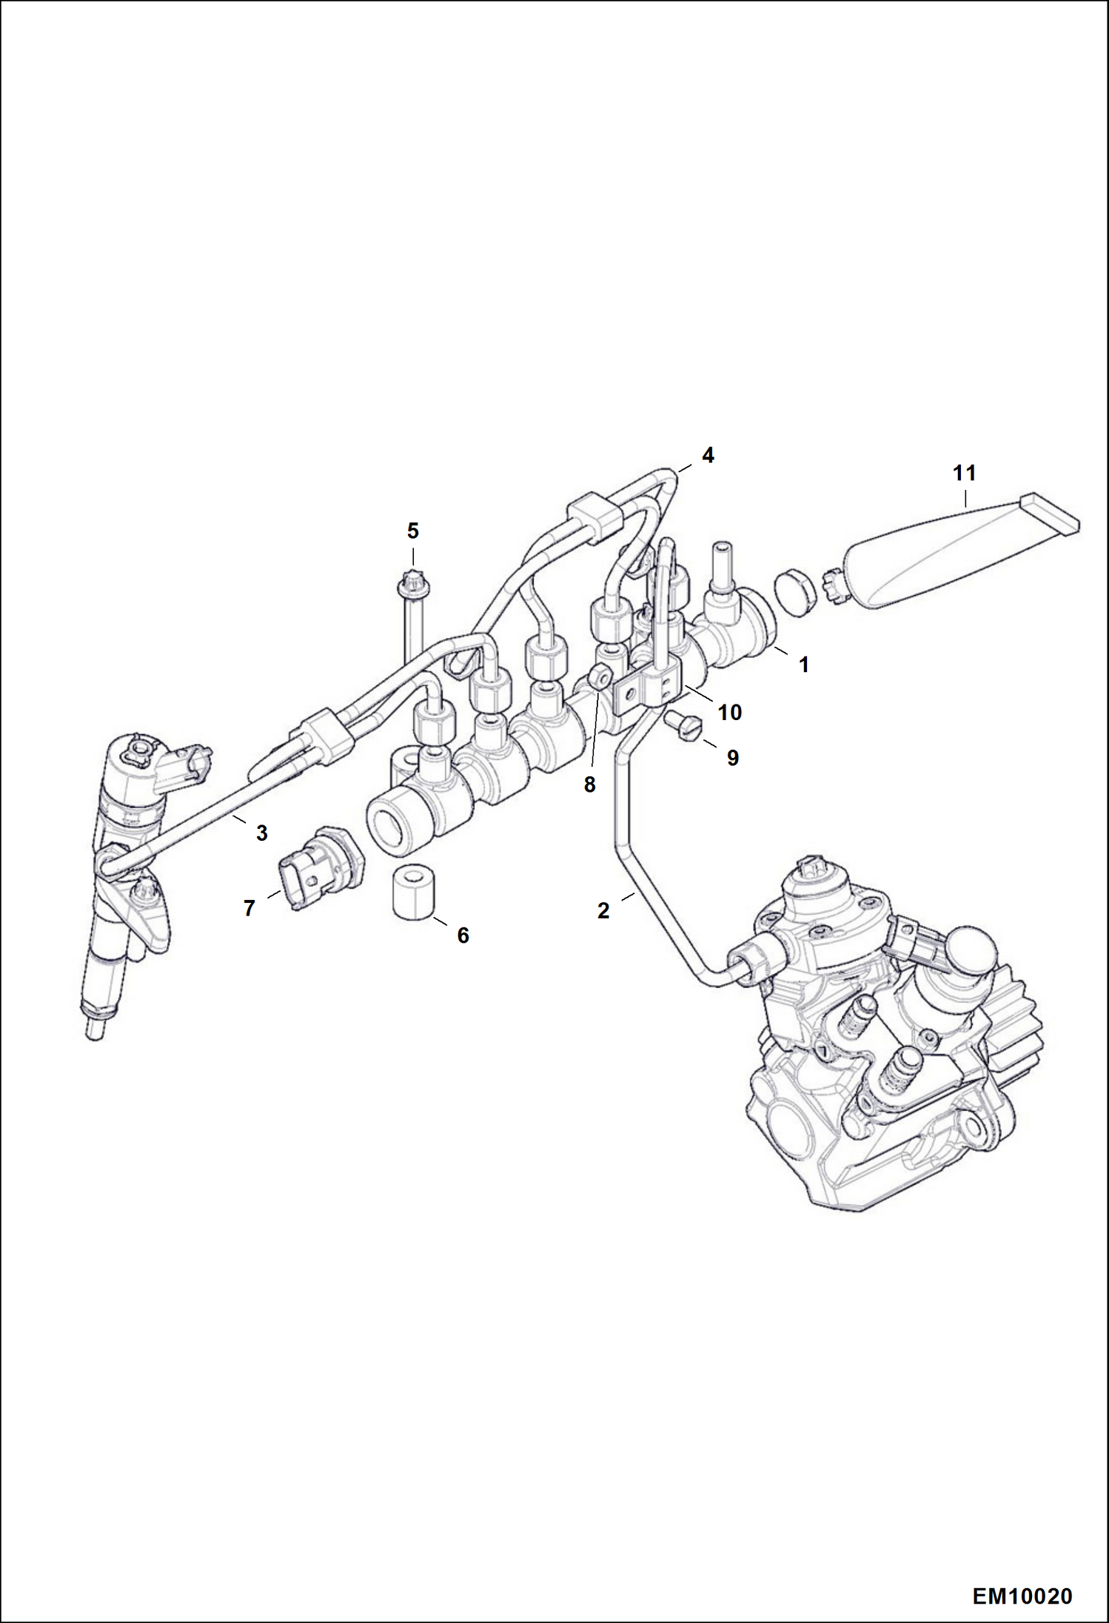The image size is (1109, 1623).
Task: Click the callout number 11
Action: [x=964, y=472]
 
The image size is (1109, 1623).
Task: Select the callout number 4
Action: [x=708, y=455]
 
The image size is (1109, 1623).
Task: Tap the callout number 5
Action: [x=412, y=531]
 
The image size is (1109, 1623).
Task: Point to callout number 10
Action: [x=729, y=712]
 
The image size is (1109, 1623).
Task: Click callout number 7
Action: [x=249, y=907]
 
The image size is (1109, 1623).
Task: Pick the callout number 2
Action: [x=603, y=911]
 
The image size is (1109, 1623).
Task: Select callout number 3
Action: [x=261, y=833]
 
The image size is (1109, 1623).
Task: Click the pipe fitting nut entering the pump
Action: [x=749, y=962]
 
